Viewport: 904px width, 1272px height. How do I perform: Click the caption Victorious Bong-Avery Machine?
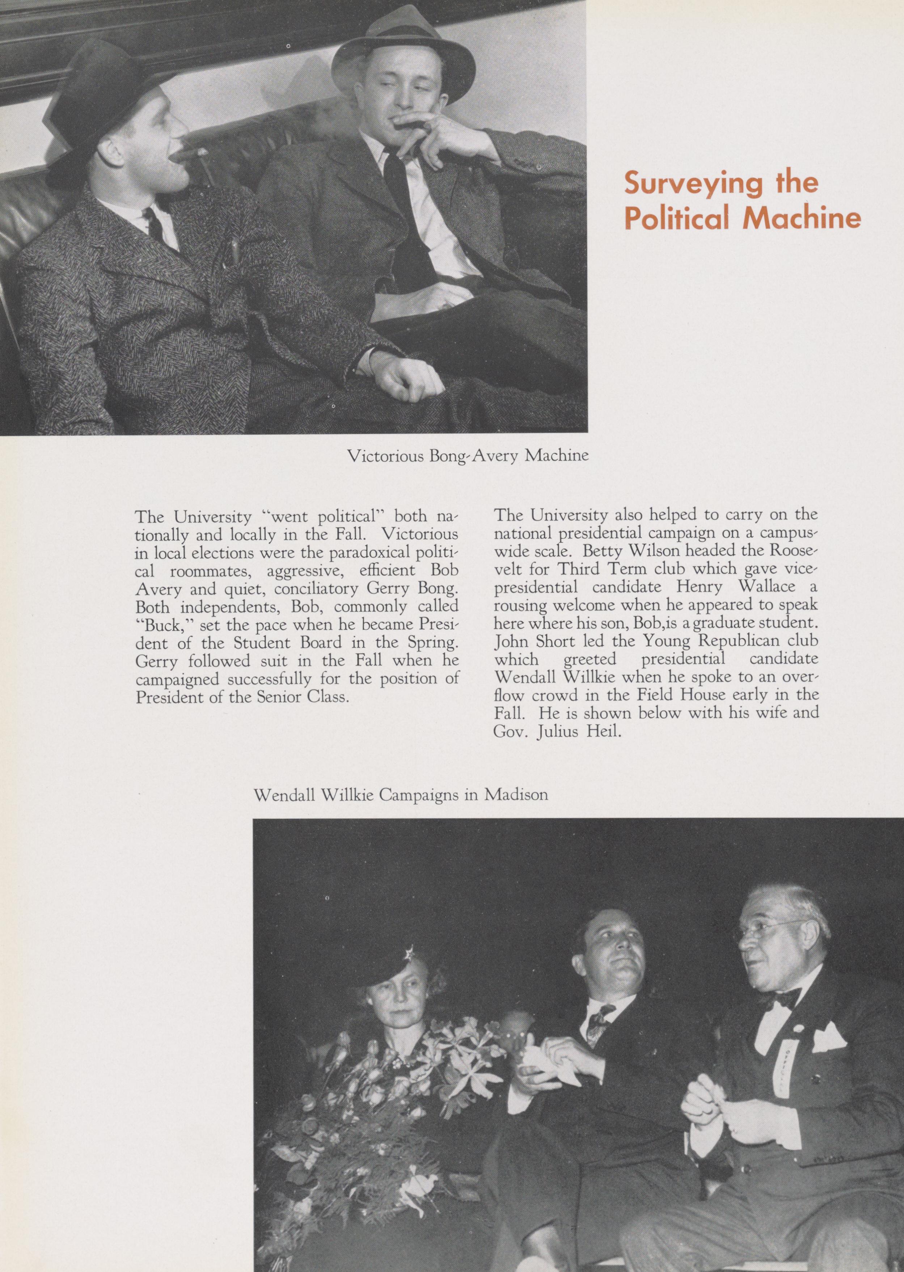468,456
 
